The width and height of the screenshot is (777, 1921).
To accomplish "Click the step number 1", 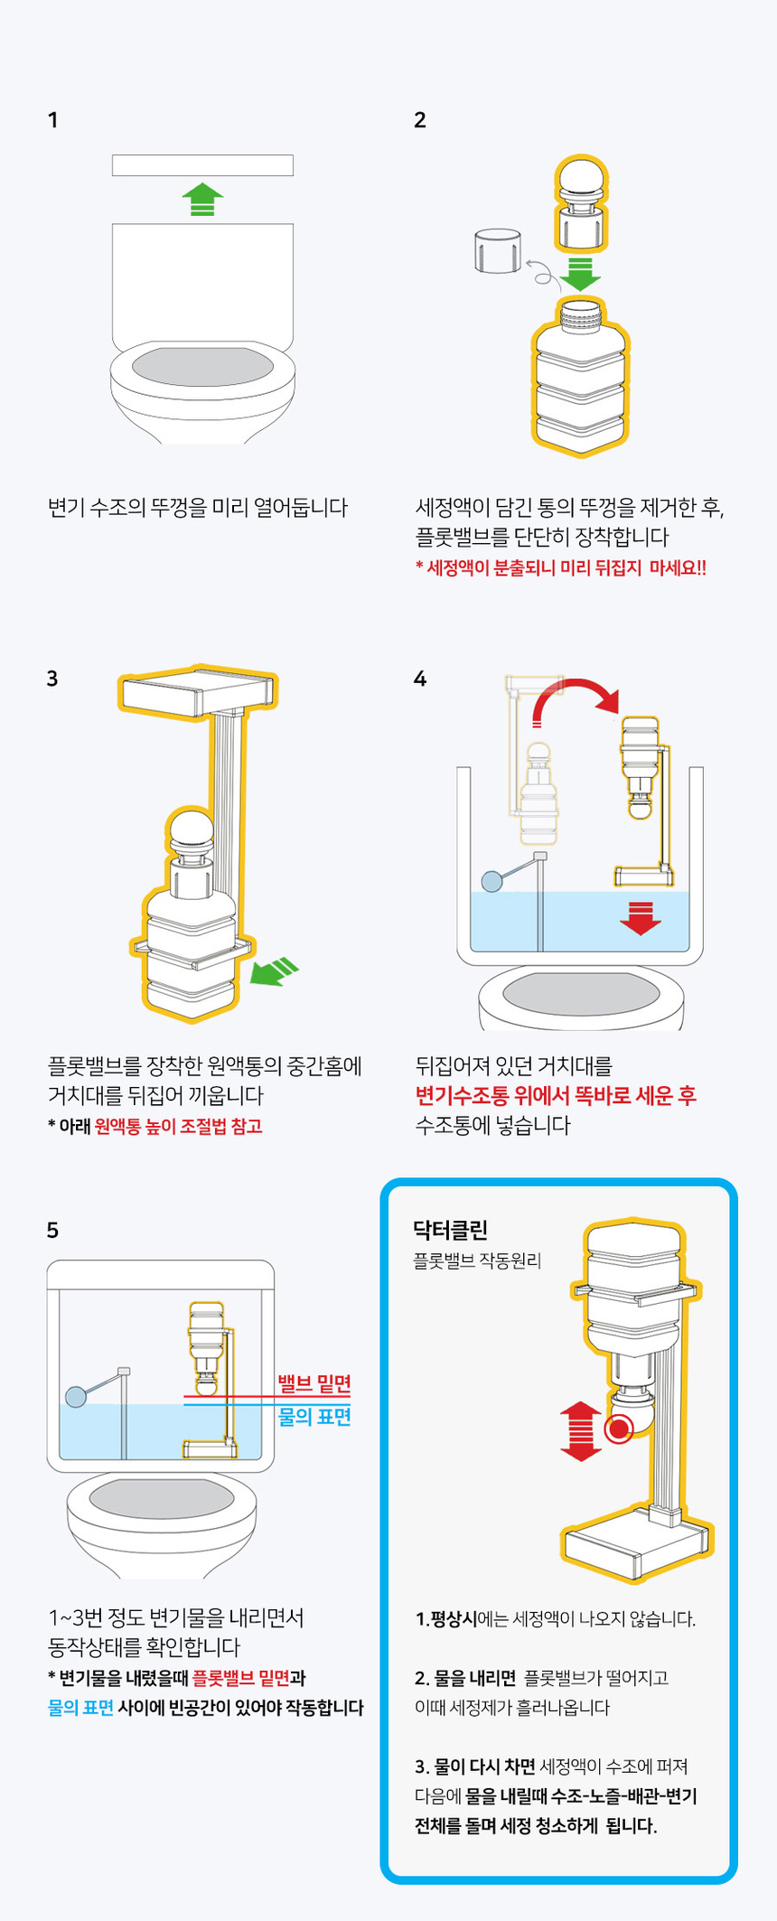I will [x=52, y=120].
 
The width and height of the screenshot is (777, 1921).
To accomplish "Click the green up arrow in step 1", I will [x=202, y=199].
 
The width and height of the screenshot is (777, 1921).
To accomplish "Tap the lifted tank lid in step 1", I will [x=202, y=165].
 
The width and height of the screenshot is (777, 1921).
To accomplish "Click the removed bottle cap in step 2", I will [x=497, y=250].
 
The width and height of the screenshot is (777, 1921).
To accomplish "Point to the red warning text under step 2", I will [x=560, y=567].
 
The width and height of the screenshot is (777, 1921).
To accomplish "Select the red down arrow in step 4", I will [x=641, y=918].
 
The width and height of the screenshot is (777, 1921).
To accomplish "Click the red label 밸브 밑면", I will [x=314, y=1383].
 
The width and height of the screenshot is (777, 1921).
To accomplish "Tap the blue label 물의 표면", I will [x=314, y=1416].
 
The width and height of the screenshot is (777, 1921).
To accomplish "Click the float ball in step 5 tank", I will [x=75, y=1396].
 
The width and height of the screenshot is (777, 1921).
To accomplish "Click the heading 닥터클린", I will [x=450, y=1229].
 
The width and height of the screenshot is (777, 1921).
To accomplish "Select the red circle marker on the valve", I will [x=618, y=1429].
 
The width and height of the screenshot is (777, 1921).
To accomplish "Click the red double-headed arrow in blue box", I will [x=580, y=1431].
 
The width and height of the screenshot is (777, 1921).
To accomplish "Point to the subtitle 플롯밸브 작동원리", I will [x=476, y=1260].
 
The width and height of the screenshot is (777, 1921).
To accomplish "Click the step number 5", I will [x=52, y=1230].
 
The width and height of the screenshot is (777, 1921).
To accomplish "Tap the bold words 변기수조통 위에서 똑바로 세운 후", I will [x=555, y=1096].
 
